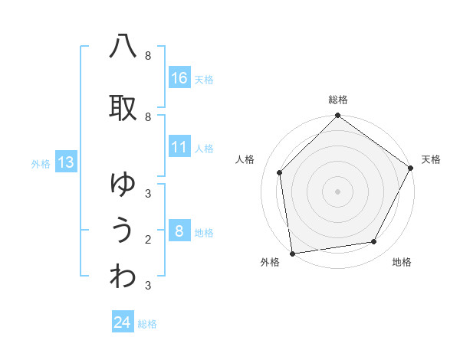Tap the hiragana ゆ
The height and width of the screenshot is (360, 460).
(123, 184)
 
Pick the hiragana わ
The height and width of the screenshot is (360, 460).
(123, 276)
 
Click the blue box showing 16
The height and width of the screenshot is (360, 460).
(179, 78)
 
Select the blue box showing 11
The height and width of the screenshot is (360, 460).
(179, 148)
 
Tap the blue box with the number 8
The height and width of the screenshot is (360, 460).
(179, 232)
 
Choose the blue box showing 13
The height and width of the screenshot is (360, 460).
(65, 162)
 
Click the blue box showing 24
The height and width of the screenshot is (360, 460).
(123, 322)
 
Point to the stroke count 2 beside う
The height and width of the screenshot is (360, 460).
(148, 240)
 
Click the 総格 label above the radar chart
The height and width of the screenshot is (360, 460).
(338, 100)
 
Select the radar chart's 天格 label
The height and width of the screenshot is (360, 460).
(431, 159)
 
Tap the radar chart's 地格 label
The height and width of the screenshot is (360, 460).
(402, 262)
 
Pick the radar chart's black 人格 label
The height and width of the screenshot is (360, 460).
(245, 159)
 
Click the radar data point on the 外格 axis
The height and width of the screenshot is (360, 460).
(292, 253)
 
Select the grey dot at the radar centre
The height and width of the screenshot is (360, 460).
(338, 191)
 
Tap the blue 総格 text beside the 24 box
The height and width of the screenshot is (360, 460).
(148, 324)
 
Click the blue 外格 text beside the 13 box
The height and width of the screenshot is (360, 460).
(40, 163)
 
